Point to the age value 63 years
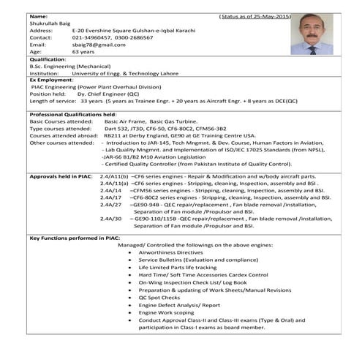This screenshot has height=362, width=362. tap(85, 52)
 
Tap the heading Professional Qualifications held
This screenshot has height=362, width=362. tap(73, 115)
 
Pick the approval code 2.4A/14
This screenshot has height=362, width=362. tap(111, 190)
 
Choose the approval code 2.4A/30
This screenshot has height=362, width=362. tap(111, 218)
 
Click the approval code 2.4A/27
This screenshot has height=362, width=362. tap(111, 205)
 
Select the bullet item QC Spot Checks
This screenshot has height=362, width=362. tap(158, 298)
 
